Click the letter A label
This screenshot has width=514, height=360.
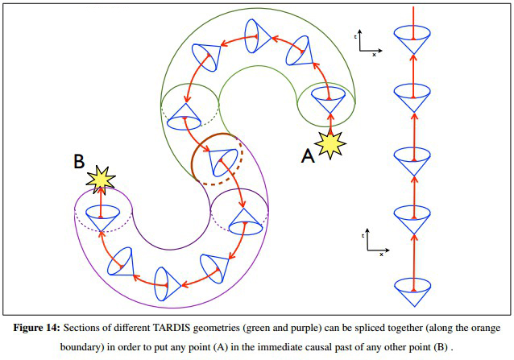point(308,156)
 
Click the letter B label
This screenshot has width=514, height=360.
point(79,162)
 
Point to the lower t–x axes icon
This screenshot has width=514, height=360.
point(371,241)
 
